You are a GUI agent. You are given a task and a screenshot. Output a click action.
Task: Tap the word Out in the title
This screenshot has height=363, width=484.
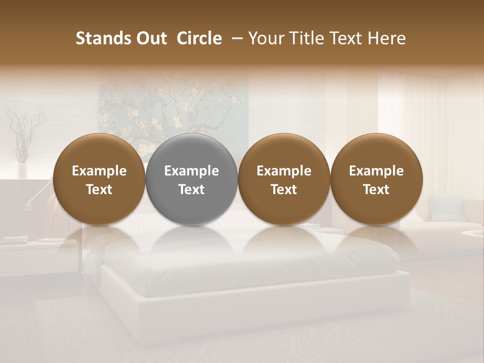pyautogui.click(x=151, y=38)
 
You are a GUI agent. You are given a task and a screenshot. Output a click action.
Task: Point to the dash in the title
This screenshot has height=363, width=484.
pyautogui.click(x=235, y=38)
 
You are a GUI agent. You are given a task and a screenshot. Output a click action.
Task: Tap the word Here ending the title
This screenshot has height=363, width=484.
pyautogui.click(x=387, y=38)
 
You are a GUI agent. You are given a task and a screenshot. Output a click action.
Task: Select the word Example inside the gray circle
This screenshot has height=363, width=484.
pyautogui.click(x=192, y=171)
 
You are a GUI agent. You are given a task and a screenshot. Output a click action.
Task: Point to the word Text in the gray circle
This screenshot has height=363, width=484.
pyautogui.click(x=192, y=190)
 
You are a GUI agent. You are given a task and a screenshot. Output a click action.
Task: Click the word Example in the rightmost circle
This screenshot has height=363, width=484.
pyautogui.click(x=376, y=171)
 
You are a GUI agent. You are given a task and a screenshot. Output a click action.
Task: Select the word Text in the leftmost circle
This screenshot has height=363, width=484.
pyautogui.click(x=99, y=190)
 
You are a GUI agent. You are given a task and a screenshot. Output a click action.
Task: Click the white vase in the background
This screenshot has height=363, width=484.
pyautogui.click(x=22, y=169)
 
